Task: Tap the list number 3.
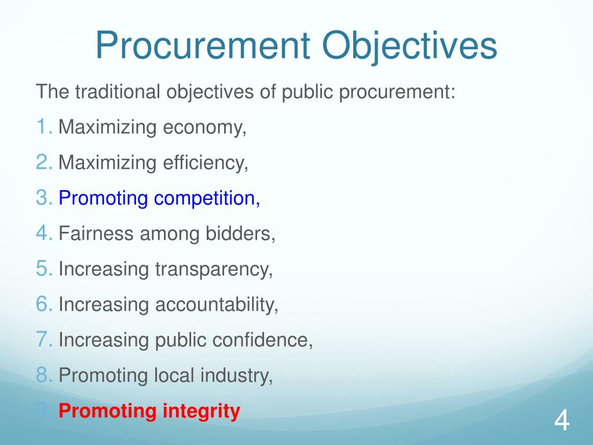tap(43, 198)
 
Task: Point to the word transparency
tap(214, 269)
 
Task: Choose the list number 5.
tap(43, 269)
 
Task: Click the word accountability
tap(217, 305)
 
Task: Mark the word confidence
tap(263, 340)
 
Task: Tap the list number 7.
tap(43, 340)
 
